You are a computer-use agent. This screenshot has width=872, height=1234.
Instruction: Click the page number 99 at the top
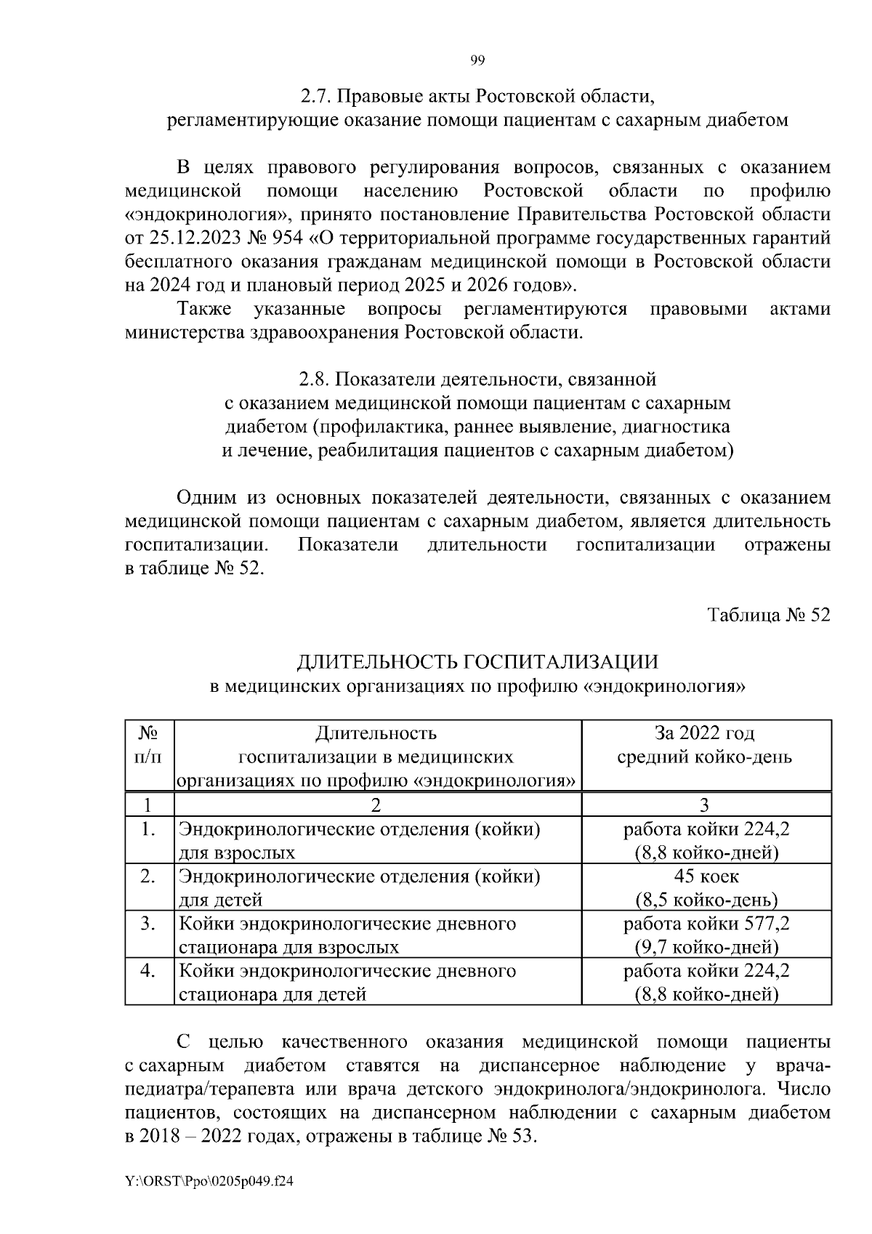point(477,61)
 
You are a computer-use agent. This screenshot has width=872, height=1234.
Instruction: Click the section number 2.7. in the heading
point(317,96)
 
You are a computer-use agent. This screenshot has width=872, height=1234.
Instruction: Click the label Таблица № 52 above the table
point(769,615)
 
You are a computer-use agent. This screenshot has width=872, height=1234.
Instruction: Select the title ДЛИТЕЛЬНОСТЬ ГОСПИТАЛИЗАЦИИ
point(477,661)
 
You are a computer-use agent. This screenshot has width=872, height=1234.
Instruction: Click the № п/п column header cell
point(149,744)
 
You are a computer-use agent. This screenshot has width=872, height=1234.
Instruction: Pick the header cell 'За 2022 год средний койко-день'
point(705,744)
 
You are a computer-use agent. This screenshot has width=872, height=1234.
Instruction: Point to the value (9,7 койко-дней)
point(706,947)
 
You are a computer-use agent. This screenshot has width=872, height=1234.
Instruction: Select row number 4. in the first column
point(149,971)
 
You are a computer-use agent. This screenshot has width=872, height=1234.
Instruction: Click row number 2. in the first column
point(149,876)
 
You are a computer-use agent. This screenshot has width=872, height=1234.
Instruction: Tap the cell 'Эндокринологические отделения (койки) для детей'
point(360,887)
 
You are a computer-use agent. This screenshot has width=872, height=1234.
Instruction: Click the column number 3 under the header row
point(706,804)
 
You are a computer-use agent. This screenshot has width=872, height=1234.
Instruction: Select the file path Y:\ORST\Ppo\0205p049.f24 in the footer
point(209,1182)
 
